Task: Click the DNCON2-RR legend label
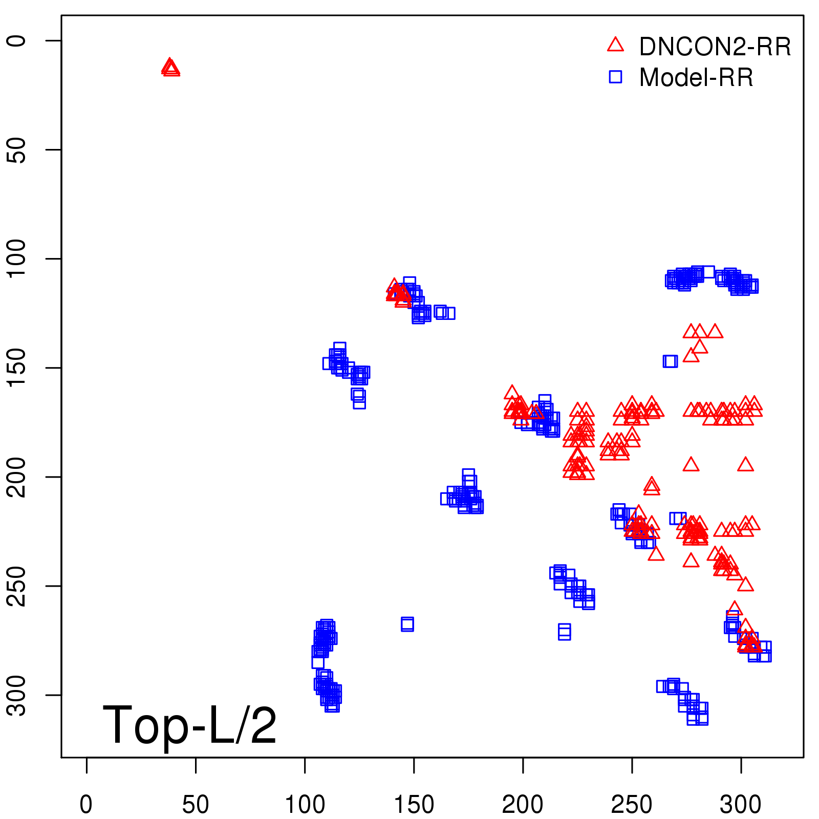click(715, 47)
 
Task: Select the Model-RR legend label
click(696, 78)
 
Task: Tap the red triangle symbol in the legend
click(615, 45)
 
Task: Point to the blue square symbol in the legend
click(615, 77)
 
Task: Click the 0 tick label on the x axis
click(87, 804)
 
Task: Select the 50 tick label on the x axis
click(196, 804)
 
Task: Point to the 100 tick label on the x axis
click(305, 804)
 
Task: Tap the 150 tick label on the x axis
click(414, 804)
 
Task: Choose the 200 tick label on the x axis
click(523, 804)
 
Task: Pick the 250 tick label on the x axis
click(632, 804)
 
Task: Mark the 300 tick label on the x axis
click(741, 804)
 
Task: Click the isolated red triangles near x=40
click(170, 68)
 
